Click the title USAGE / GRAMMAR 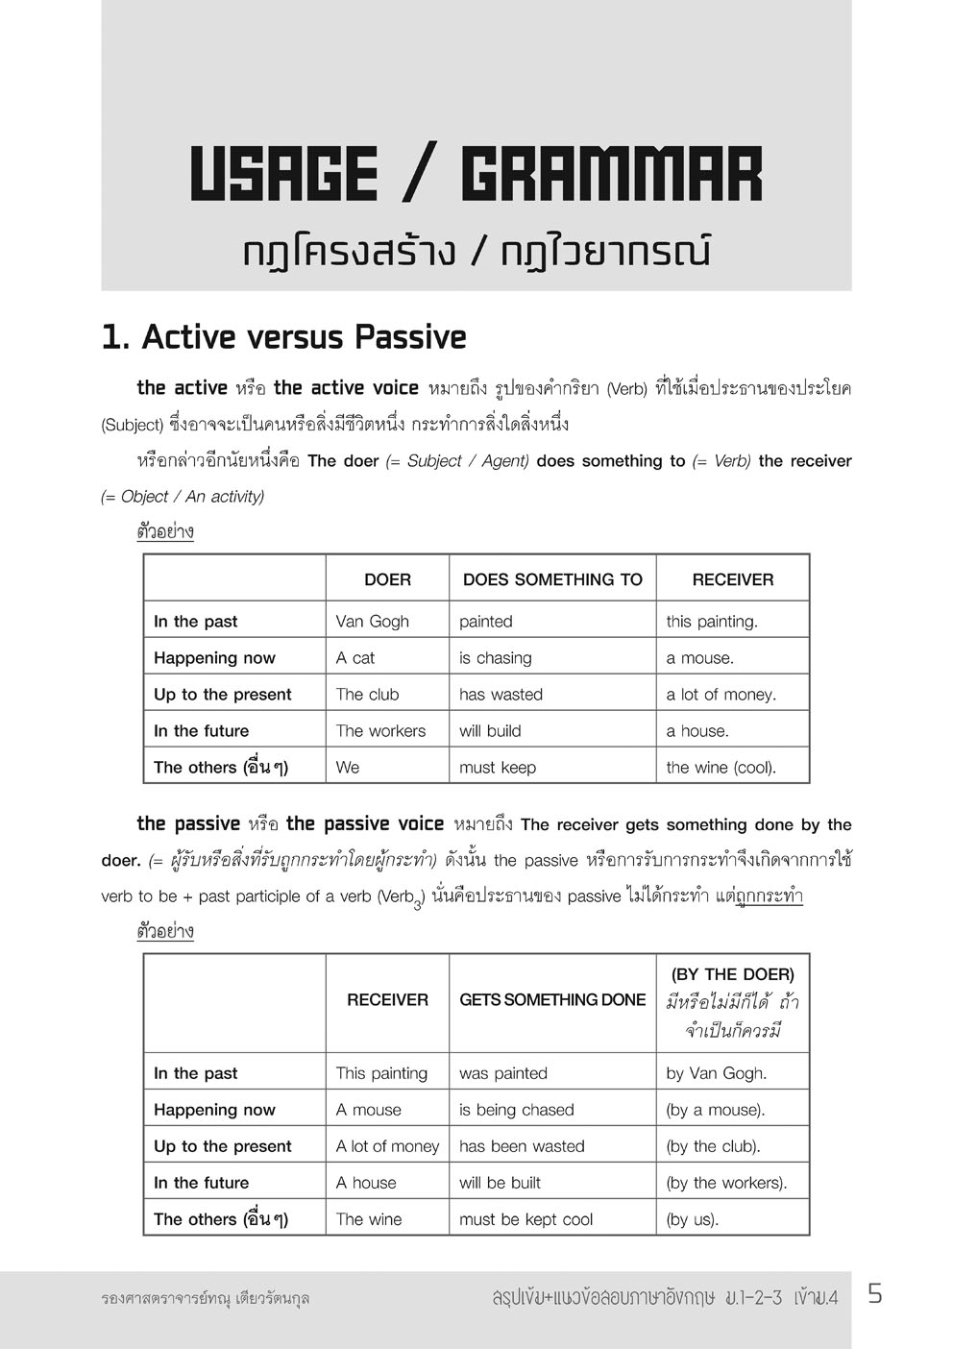[476, 175]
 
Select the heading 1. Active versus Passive [284, 337]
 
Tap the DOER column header [387, 579]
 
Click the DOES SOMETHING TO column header [552, 579]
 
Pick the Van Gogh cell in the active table [373, 622]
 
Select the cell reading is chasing [495, 658]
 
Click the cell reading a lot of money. [721, 695]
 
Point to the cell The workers [380, 731]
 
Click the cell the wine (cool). [721, 768]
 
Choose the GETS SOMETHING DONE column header [552, 1000]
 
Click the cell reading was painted [503, 1073]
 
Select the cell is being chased [516, 1110]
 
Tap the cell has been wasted [522, 1146]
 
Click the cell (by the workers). [726, 1183]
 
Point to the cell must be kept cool [525, 1219]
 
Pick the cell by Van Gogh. [716, 1073]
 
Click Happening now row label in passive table [214, 1110]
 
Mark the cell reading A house [366, 1183]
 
